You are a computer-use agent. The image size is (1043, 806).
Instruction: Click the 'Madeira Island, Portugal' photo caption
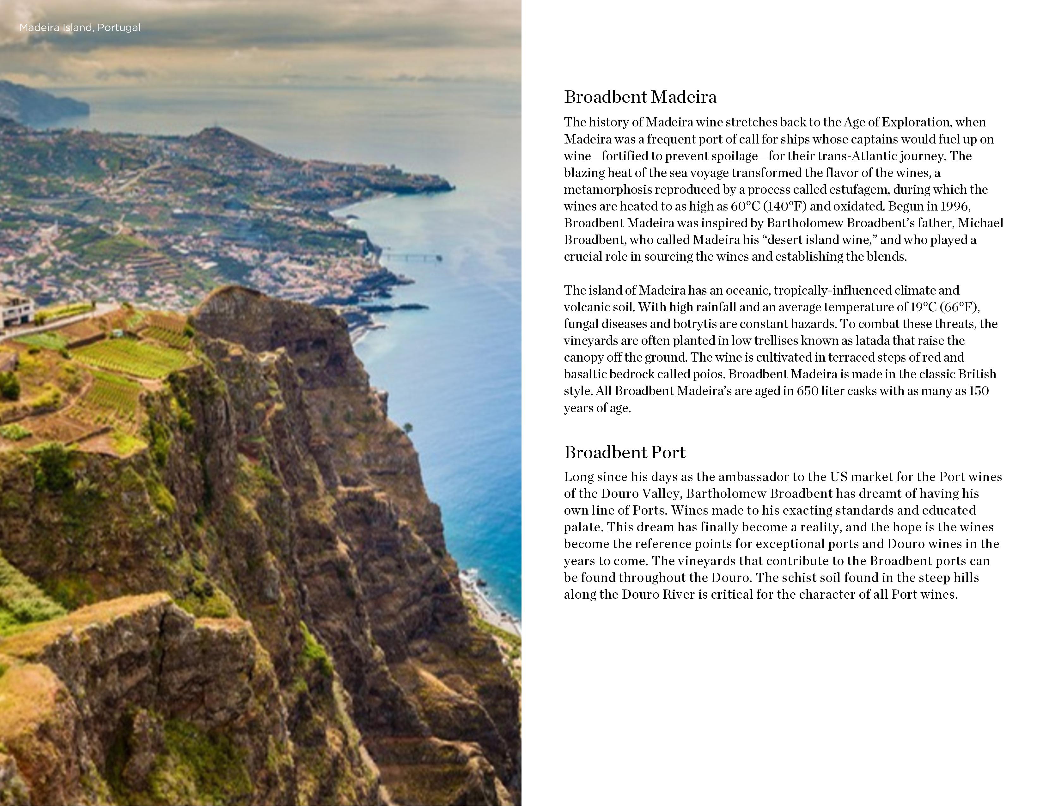click(80, 28)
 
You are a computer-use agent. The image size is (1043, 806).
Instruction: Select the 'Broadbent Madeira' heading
click(640, 97)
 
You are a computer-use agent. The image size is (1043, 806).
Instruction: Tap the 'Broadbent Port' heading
click(624, 452)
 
